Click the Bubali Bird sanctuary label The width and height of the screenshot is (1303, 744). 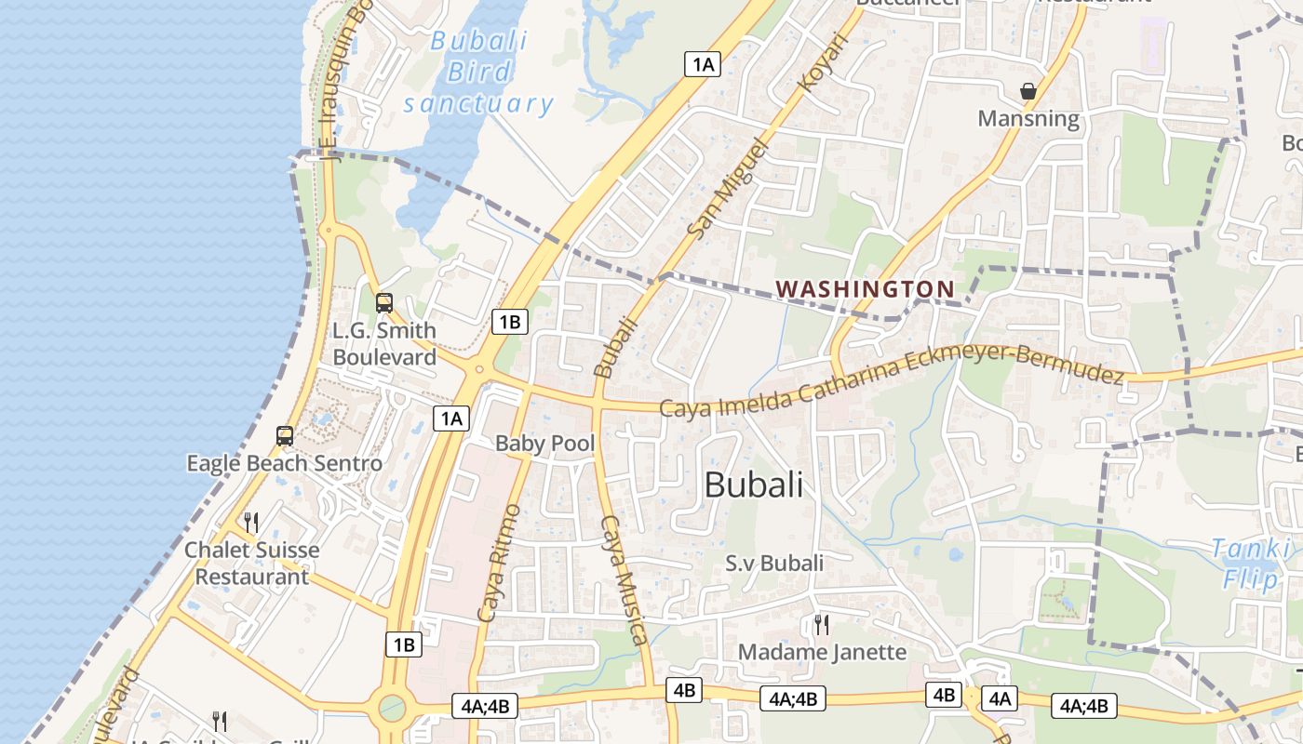tap(479, 73)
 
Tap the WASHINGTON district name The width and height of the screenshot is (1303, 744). tap(866, 289)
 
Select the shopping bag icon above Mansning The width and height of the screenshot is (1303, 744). tap(1028, 91)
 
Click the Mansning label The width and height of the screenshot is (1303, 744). tap(1028, 119)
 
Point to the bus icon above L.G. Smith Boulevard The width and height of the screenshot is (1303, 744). tap(383, 302)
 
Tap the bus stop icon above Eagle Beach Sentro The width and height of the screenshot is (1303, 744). tap(285, 435)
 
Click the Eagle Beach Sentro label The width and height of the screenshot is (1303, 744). tap(284, 463)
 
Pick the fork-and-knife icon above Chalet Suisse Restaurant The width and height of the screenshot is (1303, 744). tap(250, 522)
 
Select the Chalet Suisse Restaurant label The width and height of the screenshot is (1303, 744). tap(251, 563)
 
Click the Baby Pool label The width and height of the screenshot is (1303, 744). tap(544, 443)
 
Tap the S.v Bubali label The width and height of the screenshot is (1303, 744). tap(774, 563)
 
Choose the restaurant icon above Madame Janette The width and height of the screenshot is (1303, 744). tap(821, 623)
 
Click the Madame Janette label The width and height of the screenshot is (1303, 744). tap(822, 652)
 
